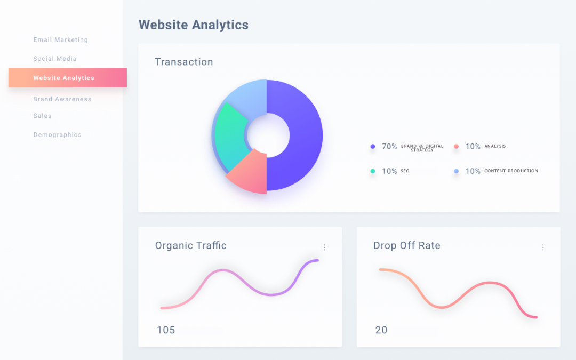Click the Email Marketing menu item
click(x=60, y=40)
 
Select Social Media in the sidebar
click(x=55, y=59)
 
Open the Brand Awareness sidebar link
click(x=62, y=99)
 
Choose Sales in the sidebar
click(x=42, y=116)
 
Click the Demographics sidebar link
click(x=57, y=135)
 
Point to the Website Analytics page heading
click(x=194, y=25)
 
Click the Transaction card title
click(x=184, y=62)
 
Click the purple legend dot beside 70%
click(x=373, y=147)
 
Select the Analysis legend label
click(x=495, y=146)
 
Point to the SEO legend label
click(x=405, y=171)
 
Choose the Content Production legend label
click(x=511, y=171)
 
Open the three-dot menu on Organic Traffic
click(x=324, y=247)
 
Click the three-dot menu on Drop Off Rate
click(x=543, y=247)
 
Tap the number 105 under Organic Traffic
click(x=166, y=330)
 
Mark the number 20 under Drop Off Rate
click(x=381, y=330)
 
